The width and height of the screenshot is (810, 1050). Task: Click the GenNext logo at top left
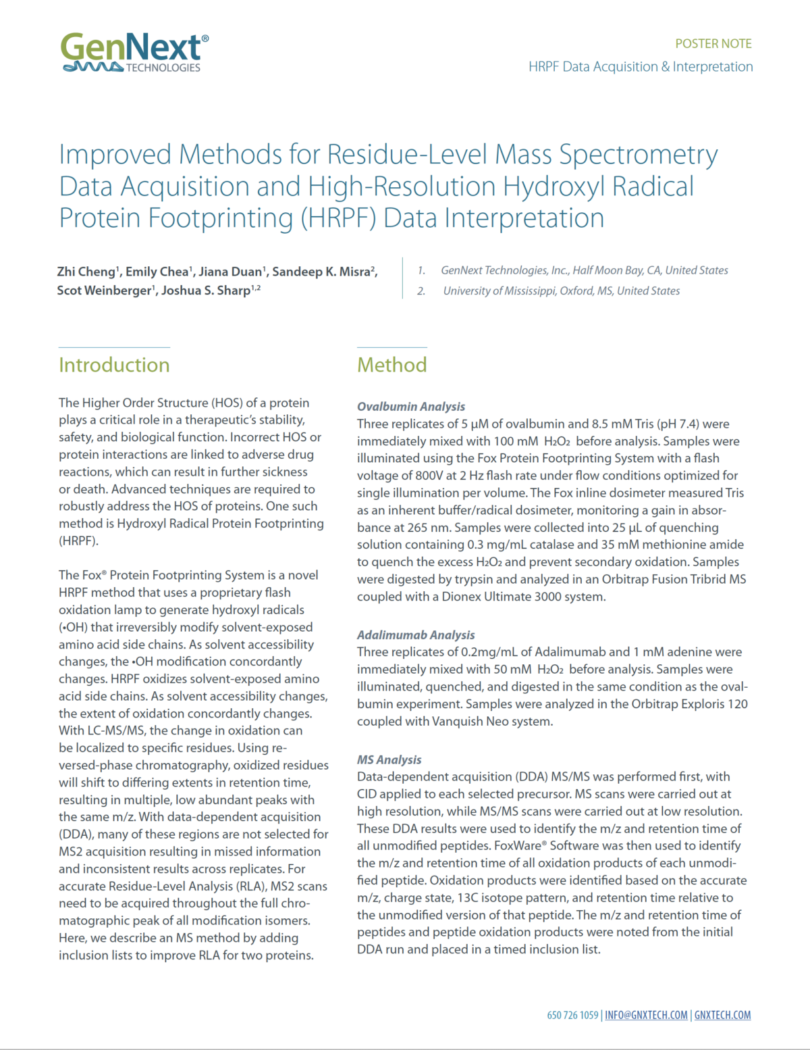click(134, 51)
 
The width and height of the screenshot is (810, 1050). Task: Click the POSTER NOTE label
click(713, 44)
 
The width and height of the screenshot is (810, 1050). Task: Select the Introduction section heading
click(114, 365)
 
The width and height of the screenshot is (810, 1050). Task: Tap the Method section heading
click(391, 365)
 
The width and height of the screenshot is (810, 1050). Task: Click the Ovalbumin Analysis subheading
click(411, 407)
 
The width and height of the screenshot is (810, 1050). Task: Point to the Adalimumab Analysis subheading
click(416, 635)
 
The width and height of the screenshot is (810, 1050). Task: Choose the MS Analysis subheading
click(389, 760)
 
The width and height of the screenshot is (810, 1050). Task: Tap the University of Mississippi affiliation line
click(561, 291)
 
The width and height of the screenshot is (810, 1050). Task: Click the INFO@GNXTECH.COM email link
click(646, 1015)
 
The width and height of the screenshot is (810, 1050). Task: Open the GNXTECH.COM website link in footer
click(722, 1015)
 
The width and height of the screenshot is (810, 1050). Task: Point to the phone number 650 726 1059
click(572, 1015)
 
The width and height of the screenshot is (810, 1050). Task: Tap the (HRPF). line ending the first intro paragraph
click(78, 541)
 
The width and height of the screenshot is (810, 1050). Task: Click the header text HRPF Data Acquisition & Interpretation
click(641, 67)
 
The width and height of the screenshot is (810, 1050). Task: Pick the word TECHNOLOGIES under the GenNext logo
click(163, 68)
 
